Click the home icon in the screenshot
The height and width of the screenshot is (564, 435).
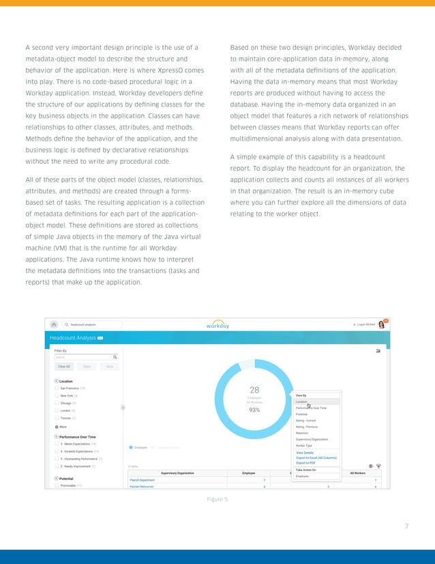click(x=54, y=324)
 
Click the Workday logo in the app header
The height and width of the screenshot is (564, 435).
click(x=217, y=325)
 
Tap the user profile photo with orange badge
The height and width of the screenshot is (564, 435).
click(x=382, y=324)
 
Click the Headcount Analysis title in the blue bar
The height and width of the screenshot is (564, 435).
click(x=72, y=337)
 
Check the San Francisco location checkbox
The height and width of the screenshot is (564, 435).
click(x=57, y=388)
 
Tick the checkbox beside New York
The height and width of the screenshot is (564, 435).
click(x=57, y=395)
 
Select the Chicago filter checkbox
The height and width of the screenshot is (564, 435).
click(x=57, y=403)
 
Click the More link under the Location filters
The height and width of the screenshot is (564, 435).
click(x=61, y=427)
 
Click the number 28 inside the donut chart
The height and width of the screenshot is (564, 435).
click(x=254, y=390)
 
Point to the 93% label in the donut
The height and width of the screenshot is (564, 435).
click(x=254, y=410)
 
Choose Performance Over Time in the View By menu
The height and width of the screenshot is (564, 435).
click(x=311, y=408)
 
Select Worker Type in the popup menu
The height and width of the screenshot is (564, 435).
click(x=305, y=445)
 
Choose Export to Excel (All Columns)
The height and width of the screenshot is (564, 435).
click(x=316, y=457)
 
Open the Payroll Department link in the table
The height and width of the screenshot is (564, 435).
click(x=142, y=480)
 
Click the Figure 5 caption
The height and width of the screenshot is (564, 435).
click(x=217, y=500)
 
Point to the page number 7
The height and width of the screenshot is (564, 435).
click(x=406, y=526)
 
